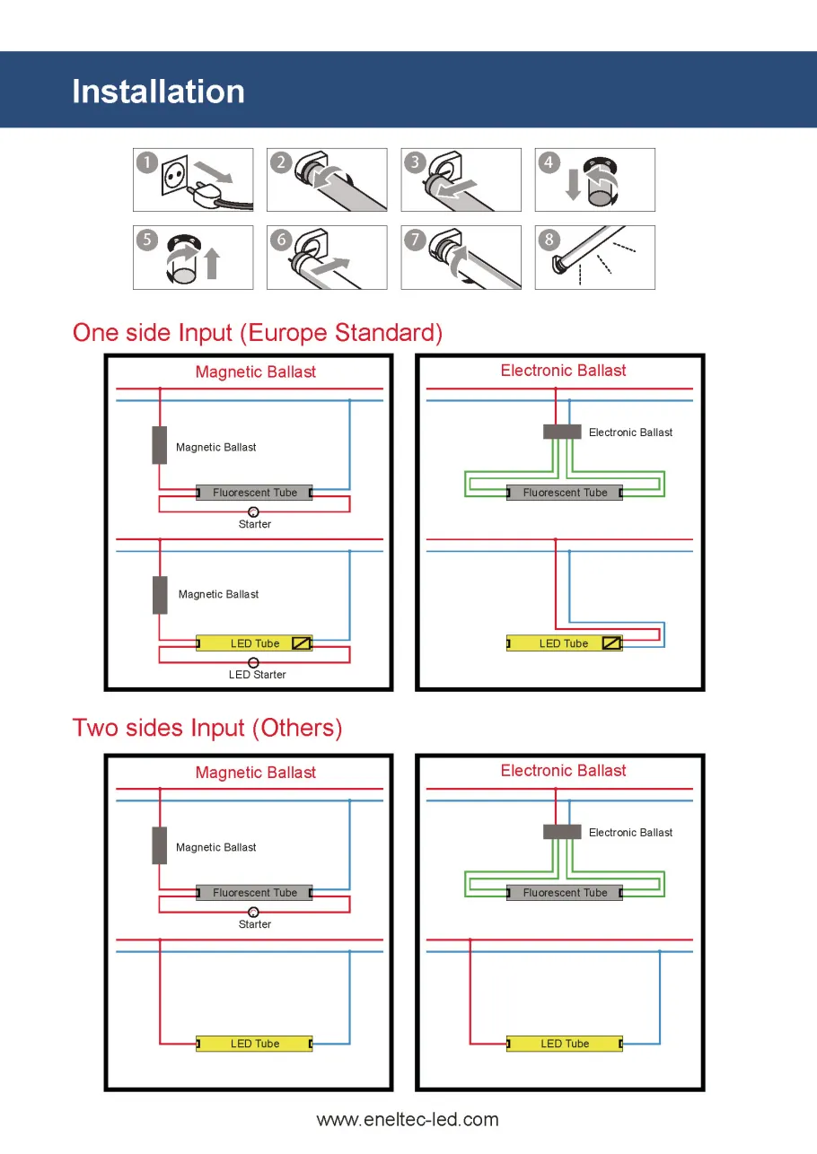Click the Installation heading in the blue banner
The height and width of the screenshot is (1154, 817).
158,92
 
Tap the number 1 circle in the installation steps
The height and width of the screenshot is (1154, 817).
146,162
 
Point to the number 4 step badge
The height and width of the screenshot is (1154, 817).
549,162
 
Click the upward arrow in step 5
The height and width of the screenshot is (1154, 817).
211,264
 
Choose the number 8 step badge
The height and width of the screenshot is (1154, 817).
549,240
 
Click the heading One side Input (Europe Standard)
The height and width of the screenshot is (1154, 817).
257,333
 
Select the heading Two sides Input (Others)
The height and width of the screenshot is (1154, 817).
206,727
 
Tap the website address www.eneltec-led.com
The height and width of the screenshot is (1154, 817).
408,1119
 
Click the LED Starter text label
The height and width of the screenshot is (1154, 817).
257,675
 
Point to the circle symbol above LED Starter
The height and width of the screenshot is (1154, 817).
253,662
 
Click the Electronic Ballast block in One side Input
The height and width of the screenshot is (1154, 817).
562,432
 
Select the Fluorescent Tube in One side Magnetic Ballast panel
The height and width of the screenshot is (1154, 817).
254,493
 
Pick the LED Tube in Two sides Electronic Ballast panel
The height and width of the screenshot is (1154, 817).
564,1044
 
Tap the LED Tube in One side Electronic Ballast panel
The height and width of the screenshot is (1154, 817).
564,643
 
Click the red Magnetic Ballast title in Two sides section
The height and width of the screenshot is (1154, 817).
255,773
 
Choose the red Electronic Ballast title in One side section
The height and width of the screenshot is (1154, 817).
563,371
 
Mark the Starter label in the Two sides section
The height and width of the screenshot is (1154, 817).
254,924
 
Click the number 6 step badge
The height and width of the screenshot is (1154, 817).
281,240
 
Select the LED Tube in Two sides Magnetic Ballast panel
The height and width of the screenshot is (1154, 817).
254,1044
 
